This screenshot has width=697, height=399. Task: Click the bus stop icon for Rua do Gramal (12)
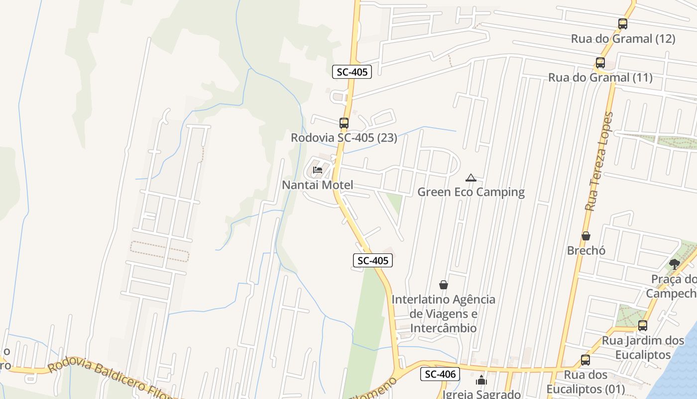(622, 23)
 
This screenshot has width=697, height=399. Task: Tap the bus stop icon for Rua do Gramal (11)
(600, 63)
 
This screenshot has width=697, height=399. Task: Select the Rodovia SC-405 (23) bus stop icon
(344, 123)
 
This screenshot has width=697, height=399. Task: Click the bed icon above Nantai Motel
(317, 170)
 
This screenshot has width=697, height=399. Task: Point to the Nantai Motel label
(318, 185)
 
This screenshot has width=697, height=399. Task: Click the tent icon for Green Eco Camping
(470, 177)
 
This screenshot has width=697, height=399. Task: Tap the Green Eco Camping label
(471, 192)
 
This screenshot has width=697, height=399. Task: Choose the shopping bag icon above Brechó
(586, 235)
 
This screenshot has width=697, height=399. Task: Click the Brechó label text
(586, 250)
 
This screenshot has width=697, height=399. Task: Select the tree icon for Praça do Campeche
(675, 264)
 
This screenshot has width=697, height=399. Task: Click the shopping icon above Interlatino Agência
(443, 285)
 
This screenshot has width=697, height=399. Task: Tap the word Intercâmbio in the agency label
(443, 328)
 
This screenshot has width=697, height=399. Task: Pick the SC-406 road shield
(440, 374)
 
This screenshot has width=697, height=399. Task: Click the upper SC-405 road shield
(352, 72)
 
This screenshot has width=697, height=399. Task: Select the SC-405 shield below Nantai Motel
(373, 260)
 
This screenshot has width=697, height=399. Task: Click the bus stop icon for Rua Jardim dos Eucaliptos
(643, 326)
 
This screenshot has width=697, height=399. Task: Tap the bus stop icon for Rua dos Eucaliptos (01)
(585, 360)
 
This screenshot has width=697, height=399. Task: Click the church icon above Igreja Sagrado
(481, 381)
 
